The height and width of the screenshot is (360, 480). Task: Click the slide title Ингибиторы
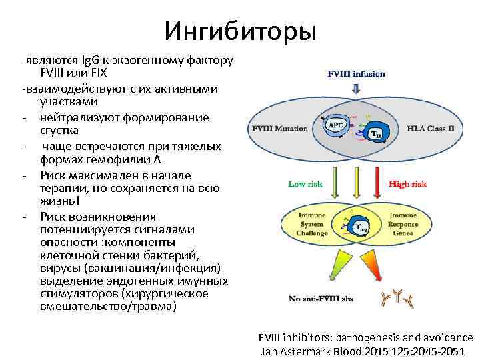[240, 29]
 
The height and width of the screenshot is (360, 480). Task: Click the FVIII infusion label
[357, 74]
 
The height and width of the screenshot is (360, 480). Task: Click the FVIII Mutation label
[279, 128]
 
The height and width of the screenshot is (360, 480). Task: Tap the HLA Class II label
[430, 128]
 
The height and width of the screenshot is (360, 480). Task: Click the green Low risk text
[306, 183]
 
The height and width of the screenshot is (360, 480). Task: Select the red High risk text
[407, 183]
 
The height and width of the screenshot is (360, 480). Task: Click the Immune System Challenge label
[312, 225]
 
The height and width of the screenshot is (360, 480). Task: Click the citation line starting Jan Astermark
[367, 351]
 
